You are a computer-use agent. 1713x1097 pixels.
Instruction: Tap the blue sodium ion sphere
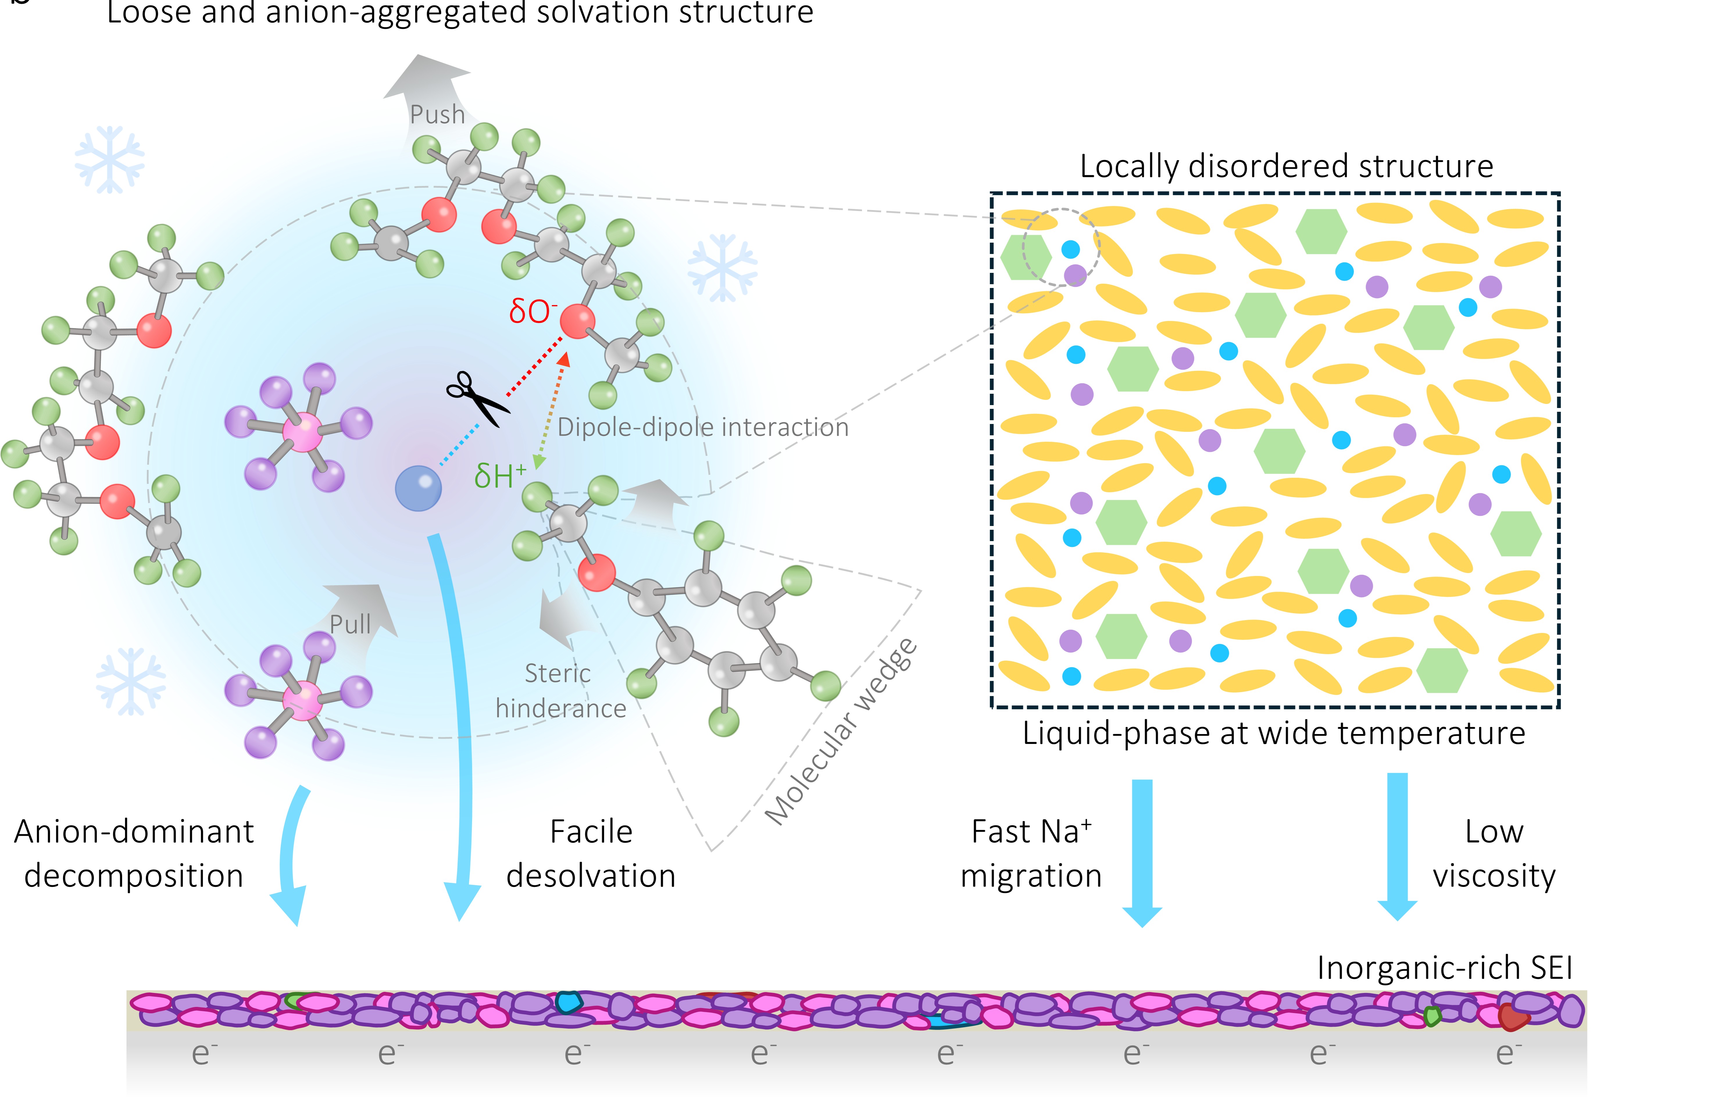418,488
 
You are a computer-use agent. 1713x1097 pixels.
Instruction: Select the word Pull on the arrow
351,625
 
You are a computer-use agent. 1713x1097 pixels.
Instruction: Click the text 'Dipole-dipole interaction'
703,427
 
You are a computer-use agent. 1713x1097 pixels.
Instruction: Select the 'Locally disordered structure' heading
1286,166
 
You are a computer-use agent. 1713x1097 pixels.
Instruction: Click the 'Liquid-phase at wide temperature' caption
1273,733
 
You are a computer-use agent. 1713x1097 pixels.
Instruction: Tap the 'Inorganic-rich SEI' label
1444,967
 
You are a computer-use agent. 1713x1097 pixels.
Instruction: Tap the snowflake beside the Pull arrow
131,680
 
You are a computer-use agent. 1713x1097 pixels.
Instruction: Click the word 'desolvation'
591,876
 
